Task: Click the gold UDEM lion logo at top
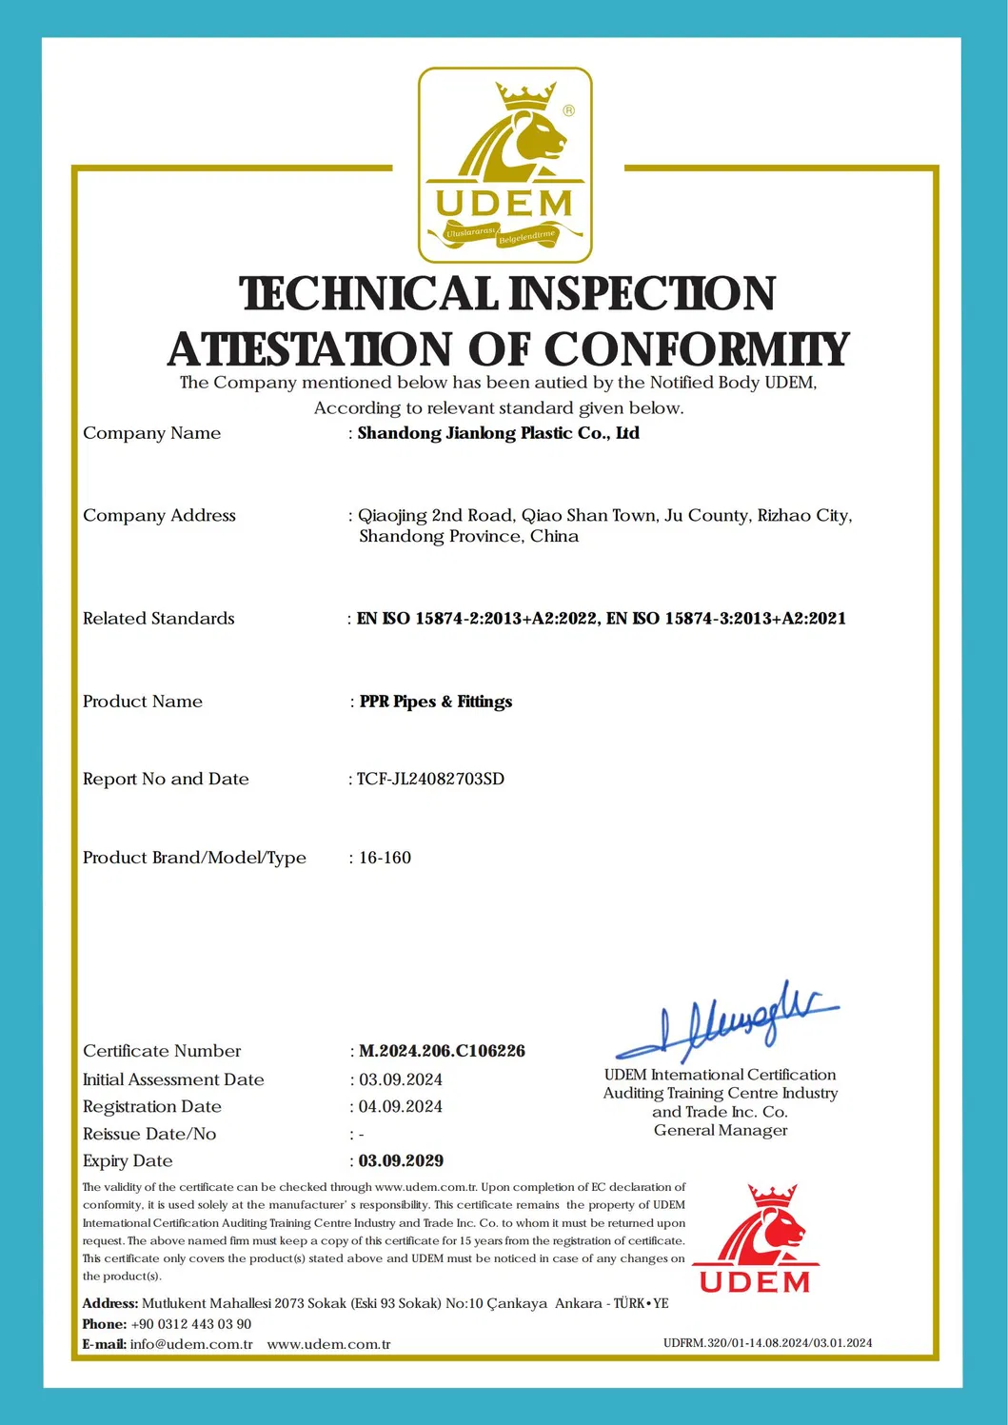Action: (504, 165)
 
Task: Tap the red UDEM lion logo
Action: (755, 1238)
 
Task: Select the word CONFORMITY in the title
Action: (696, 349)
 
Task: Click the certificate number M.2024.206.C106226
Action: (442, 1051)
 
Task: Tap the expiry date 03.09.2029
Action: (401, 1160)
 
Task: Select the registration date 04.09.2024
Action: (400, 1106)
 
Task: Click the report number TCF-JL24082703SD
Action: (430, 779)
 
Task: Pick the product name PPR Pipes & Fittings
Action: (436, 702)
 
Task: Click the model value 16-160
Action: (385, 858)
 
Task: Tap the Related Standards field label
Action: (159, 619)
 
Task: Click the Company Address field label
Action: (159, 516)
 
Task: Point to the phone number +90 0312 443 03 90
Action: (191, 1324)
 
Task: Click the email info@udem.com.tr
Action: (191, 1344)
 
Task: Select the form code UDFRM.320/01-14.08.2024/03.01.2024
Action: (767, 1343)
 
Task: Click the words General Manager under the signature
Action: (721, 1131)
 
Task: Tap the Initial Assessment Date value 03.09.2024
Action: (400, 1079)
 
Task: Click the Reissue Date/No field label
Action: (149, 1134)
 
